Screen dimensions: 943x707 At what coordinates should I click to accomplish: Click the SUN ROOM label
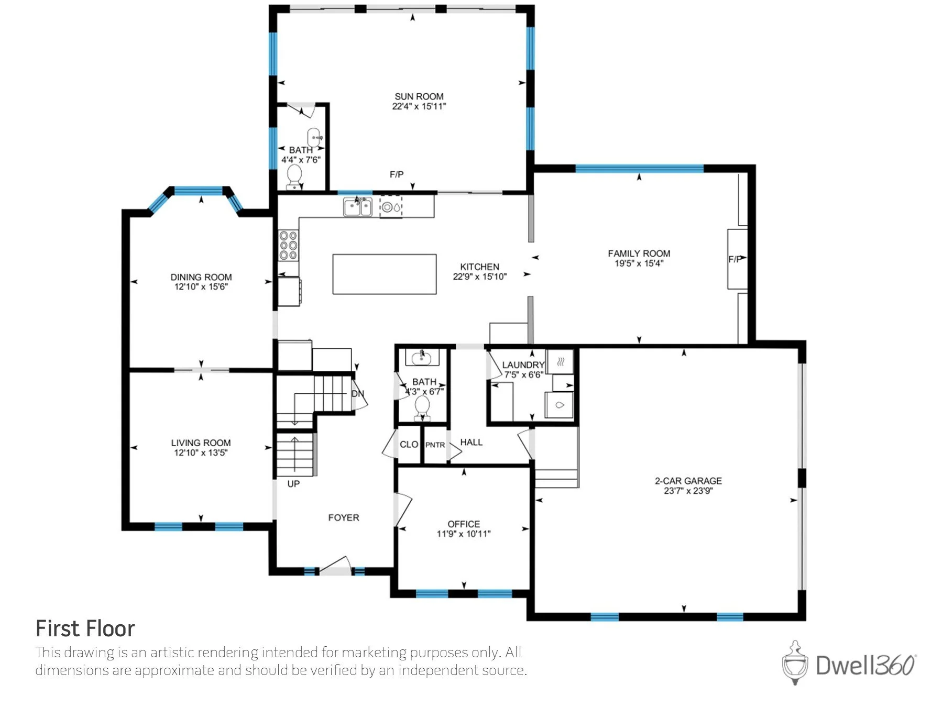pyautogui.click(x=419, y=96)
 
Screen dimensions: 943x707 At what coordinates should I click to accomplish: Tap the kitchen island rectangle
pyautogui.click(x=385, y=274)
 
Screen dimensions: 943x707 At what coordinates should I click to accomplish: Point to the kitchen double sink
pyautogui.click(x=358, y=207)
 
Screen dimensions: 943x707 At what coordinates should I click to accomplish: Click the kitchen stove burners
pyautogui.click(x=288, y=245)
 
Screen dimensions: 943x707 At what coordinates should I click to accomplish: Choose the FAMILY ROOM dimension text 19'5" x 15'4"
pyautogui.click(x=639, y=263)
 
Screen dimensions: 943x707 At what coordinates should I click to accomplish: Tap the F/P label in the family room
pyautogui.click(x=734, y=259)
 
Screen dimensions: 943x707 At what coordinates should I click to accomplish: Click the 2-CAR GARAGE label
pyautogui.click(x=688, y=481)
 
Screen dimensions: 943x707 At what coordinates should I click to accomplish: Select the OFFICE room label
pyautogui.click(x=464, y=524)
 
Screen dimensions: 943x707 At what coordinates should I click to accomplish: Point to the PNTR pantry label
pyautogui.click(x=435, y=445)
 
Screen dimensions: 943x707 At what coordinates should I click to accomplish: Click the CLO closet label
pyautogui.click(x=409, y=444)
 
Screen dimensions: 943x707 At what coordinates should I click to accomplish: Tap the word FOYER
pyautogui.click(x=344, y=517)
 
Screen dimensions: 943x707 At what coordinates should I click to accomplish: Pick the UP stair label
pyautogui.click(x=293, y=484)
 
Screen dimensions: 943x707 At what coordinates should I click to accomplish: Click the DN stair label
pyautogui.click(x=357, y=394)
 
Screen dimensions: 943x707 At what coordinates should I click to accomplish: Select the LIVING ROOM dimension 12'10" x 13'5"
pyautogui.click(x=201, y=452)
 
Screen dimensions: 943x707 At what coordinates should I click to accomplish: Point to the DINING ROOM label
pyautogui.click(x=201, y=277)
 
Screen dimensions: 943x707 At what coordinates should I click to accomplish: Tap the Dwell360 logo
pyautogui.click(x=849, y=663)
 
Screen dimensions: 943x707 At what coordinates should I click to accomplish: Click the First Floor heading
pyautogui.click(x=85, y=628)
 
